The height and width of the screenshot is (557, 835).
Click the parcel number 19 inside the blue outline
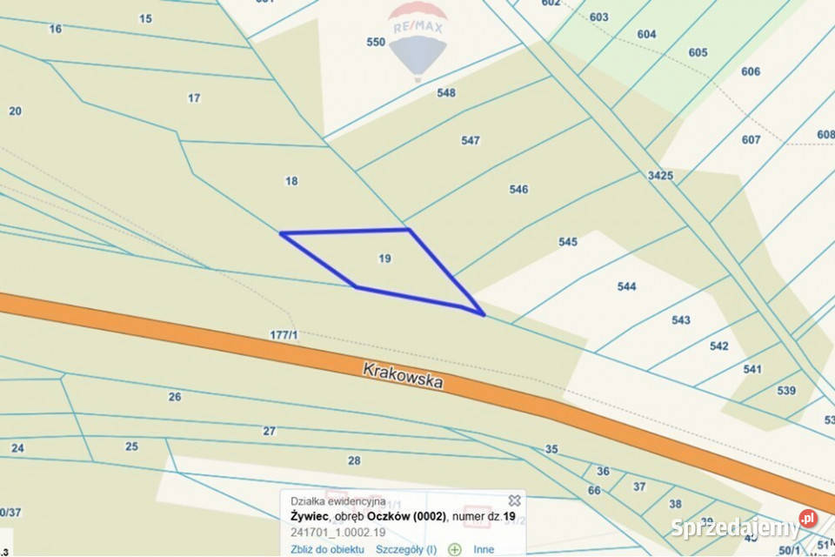[384, 258]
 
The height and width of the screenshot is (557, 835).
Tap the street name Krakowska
[403, 376]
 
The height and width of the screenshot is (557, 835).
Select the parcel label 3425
[660, 176]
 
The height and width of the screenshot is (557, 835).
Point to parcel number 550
[376, 42]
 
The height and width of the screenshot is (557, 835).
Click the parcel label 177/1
[284, 334]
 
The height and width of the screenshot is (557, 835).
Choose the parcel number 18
[291, 181]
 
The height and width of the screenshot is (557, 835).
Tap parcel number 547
[471, 140]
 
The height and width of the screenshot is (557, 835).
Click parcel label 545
[568, 242]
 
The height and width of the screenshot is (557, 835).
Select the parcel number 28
[354, 460]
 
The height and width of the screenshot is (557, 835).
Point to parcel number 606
[751, 71]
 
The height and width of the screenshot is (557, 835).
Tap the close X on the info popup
[514, 500]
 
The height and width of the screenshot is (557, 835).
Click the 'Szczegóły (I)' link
[406, 549]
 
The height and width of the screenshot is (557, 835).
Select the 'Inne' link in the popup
[484, 549]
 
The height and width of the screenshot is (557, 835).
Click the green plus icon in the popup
[454, 549]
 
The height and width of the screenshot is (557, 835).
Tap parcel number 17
[194, 98]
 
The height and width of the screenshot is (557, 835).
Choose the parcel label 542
[718, 346]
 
